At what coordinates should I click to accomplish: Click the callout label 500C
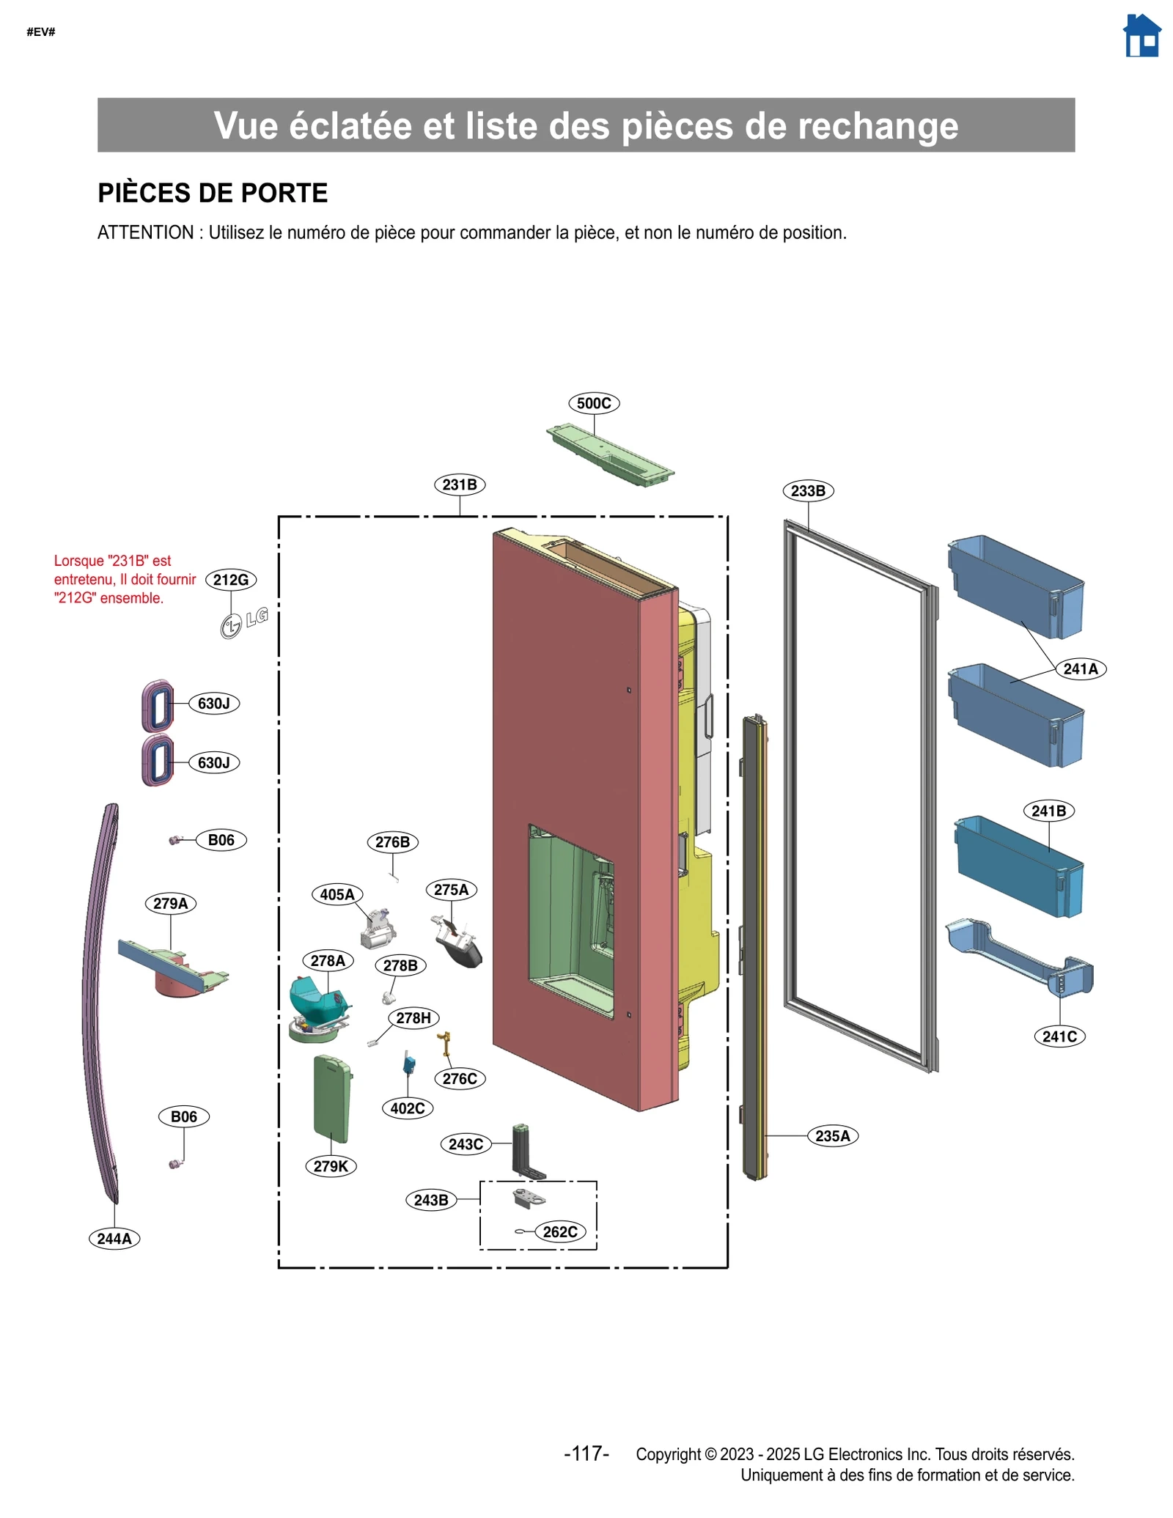pyautogui.click(x=593, y=403)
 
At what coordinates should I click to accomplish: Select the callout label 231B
pyautogui.click(x=460, y=484)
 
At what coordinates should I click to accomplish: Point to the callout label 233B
pyautogui.click(x=808, y=490)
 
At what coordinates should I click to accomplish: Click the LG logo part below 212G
pyautogui.click(x=243, y=622)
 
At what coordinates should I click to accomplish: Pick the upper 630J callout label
pyautogui.click(x=214, y=703)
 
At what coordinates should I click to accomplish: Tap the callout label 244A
pyautogui.click(x=114, y=1238)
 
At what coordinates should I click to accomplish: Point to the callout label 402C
pyautogui.click(x=408, y=1108)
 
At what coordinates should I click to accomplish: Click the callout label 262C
pyautogui.click(x=560, y=1231)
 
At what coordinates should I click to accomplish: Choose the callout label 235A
pyautogui.click(x=833, y=1135)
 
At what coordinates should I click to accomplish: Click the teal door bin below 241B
pyautogui.click(x=1019, y=869)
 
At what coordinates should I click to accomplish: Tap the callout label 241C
pyautogui.click(x=1059, y=1036)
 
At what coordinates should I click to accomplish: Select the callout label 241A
pyautogui.click(x=1081, y=668)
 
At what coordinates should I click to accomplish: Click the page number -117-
pyautogui.click(x=586, y=1453)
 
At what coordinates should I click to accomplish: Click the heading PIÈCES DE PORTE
pyautogui.click(x=213, y=193)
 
